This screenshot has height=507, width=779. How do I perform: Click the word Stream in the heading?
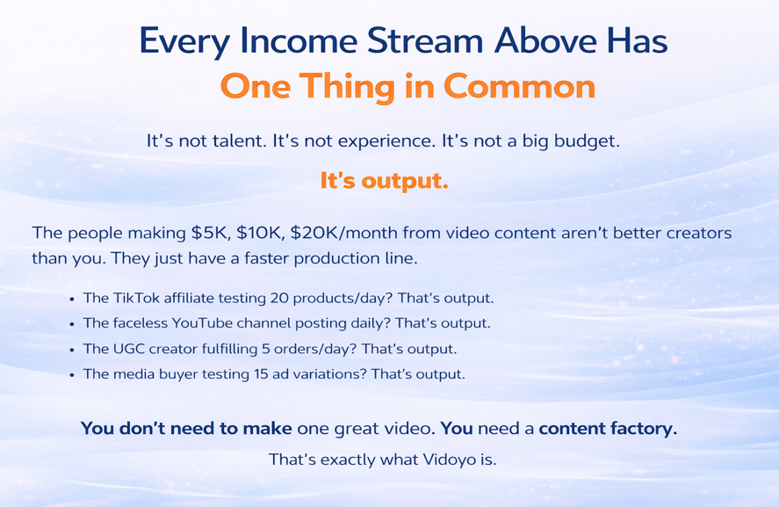click(425, 40)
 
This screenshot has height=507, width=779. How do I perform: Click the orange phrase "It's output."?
click(384, 180)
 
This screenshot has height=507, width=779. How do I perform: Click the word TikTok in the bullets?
click(136, 298)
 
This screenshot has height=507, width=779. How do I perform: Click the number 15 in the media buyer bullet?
click(261, 373)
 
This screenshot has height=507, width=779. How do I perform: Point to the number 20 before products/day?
click(278, 298)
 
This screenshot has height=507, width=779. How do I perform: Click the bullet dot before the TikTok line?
click(72, 300)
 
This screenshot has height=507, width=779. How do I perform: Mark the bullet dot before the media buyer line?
click(72, 375)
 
